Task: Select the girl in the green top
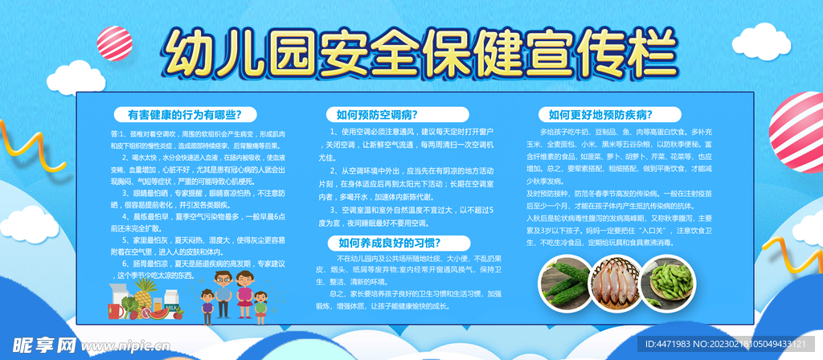coord(261,306)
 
